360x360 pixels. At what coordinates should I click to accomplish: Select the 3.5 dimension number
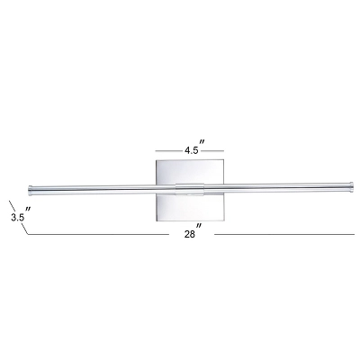15,217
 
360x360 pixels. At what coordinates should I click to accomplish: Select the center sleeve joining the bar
189,190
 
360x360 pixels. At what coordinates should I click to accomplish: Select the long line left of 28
99,235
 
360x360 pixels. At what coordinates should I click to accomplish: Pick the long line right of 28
283,235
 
